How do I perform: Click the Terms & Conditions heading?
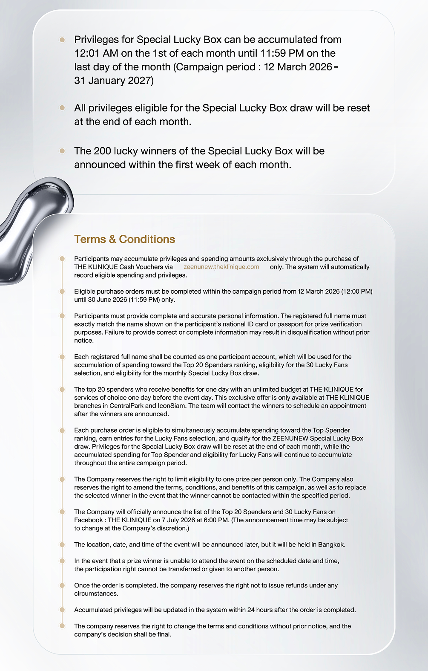pyautogui.click(x=124, y=239)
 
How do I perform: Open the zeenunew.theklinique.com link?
pyautogui.click(x=221, y=267)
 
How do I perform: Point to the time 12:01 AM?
pyautogui.click(x=96, y=53)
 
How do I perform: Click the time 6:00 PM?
pyautogui.click(x=216, y=520)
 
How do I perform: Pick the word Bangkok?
pyautogui.click(x=331, y=544)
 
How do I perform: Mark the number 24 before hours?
pyautogui.click(x=251, y=610)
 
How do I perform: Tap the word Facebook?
pyautogui.click(x=88, y=520)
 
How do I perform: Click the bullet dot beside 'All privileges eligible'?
pyautogui.click(x=62, y=108)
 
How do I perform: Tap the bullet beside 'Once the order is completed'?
pyautogui.click(x=62, y=585)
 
